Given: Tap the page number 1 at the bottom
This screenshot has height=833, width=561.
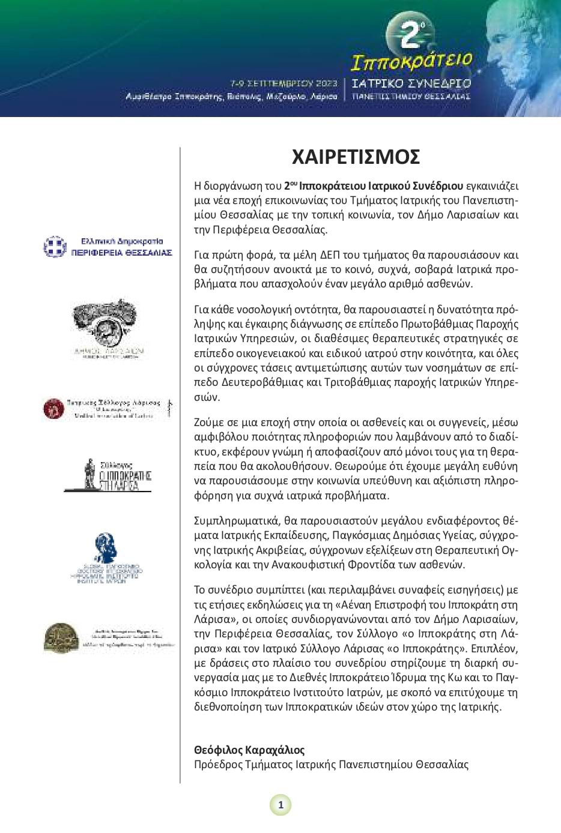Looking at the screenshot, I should pyautogui.click(x=280, y=805).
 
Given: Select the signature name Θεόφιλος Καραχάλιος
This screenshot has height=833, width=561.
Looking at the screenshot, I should pyautogui.click(x=249, y=750).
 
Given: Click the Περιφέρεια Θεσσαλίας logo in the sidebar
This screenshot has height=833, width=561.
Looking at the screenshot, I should pyautogui.click(x=108, y=247).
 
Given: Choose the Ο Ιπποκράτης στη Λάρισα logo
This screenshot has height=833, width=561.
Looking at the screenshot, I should pyautogui.click(x=108, y=475).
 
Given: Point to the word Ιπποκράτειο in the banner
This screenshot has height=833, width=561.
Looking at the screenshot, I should pyautogui.click(x=411, y=62).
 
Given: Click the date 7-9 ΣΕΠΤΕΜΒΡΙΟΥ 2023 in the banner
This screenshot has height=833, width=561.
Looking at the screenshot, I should pyautogui.click(x=284, y=83).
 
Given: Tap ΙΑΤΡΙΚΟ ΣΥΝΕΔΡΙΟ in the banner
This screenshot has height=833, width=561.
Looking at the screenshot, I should pyautogui.click(x=411, y=83).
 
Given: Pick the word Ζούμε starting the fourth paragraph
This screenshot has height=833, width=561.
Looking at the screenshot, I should pyautogui.click(x=209, y=423).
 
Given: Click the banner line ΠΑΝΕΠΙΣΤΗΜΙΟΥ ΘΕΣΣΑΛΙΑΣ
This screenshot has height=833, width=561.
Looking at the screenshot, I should pyautogui.click(x=411, y=96).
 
